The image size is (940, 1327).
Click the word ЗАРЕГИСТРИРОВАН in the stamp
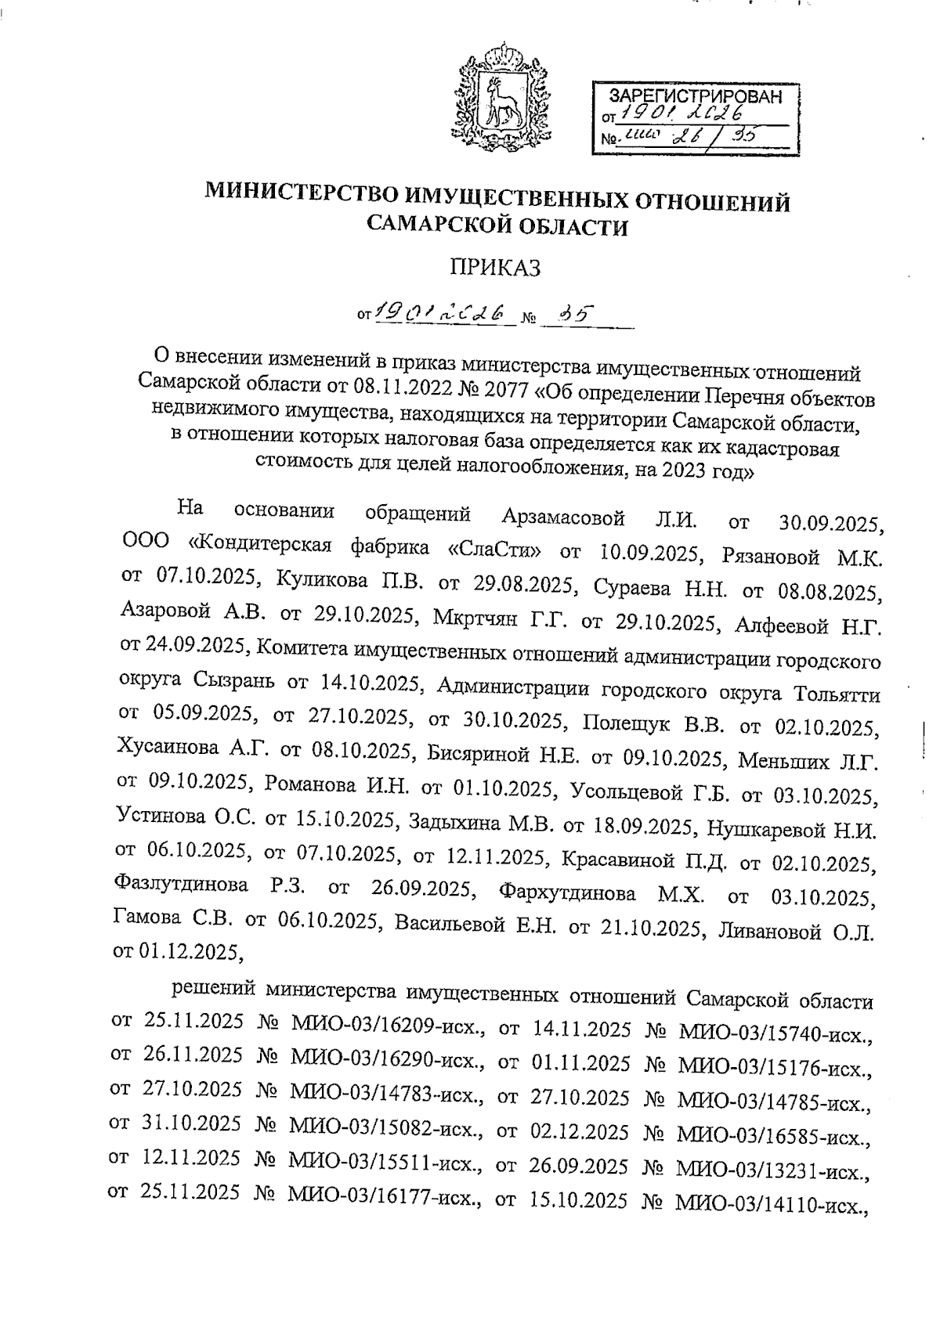click(696, 96)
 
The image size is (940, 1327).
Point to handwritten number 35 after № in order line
click(579, 314)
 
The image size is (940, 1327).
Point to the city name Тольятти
click(837, 694)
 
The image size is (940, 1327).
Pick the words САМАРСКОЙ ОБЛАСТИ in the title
click(498, 226)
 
